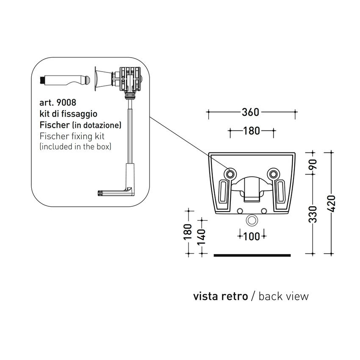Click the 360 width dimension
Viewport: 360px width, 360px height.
click(251, 112)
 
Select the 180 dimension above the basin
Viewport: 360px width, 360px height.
click(252, 131)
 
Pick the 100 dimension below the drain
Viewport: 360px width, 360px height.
click(252, 236)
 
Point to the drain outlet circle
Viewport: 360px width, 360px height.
click(252, 220)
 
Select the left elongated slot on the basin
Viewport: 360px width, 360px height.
click(224, 193)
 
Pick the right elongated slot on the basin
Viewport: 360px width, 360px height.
click(280, 193)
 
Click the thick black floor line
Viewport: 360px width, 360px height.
click(252, 255)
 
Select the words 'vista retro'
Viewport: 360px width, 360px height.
click(220, 296)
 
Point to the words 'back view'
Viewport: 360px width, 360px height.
click(284, 296)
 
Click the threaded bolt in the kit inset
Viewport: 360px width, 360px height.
click(64, 79)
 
